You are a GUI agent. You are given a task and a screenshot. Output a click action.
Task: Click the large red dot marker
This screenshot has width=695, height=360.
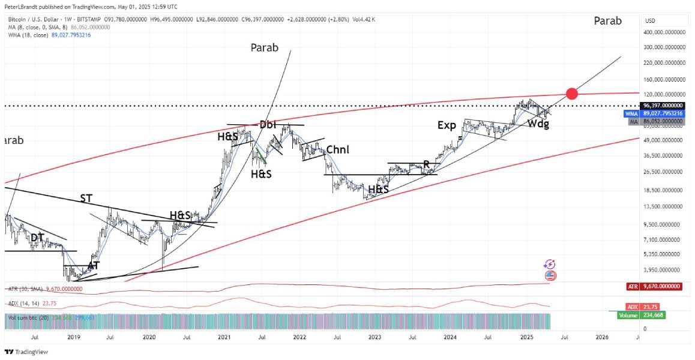click(x=571, y=93)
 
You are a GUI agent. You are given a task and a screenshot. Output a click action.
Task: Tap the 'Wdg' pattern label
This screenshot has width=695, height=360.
click(x=538, y=124)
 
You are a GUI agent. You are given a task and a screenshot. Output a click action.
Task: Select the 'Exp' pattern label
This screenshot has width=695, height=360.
click(x=447, y=125)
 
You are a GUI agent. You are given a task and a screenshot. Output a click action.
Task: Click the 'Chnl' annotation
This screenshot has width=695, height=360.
click(x=337, y=149)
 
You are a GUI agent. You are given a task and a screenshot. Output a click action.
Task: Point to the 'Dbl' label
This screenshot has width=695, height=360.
click(x=268, y=125)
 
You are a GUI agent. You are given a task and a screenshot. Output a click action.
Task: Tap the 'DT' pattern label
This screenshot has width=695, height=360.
click(x=37, y=238)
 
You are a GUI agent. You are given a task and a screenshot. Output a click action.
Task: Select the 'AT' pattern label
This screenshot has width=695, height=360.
click(x=94, y=265)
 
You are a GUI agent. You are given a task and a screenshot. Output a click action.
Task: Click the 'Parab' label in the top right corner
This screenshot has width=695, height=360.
click(x=607, y=21)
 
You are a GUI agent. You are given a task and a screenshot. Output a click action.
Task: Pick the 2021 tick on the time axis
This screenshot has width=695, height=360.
click(x=223, y=337)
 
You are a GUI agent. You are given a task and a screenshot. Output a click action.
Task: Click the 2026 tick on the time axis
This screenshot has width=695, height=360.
click(x=601, y=337)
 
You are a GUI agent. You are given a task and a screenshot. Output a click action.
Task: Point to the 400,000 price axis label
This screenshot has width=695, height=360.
click(x=663, y=32)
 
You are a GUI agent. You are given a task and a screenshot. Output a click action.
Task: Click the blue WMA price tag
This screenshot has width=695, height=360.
click(x=632, y=113)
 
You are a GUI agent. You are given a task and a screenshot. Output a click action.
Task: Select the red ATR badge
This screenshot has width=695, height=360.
click(x=632, y=287)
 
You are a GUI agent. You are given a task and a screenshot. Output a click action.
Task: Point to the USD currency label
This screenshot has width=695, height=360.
click(x=650, y=21)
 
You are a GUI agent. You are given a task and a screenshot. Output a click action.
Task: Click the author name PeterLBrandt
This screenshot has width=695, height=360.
click(x=22, y=7)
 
